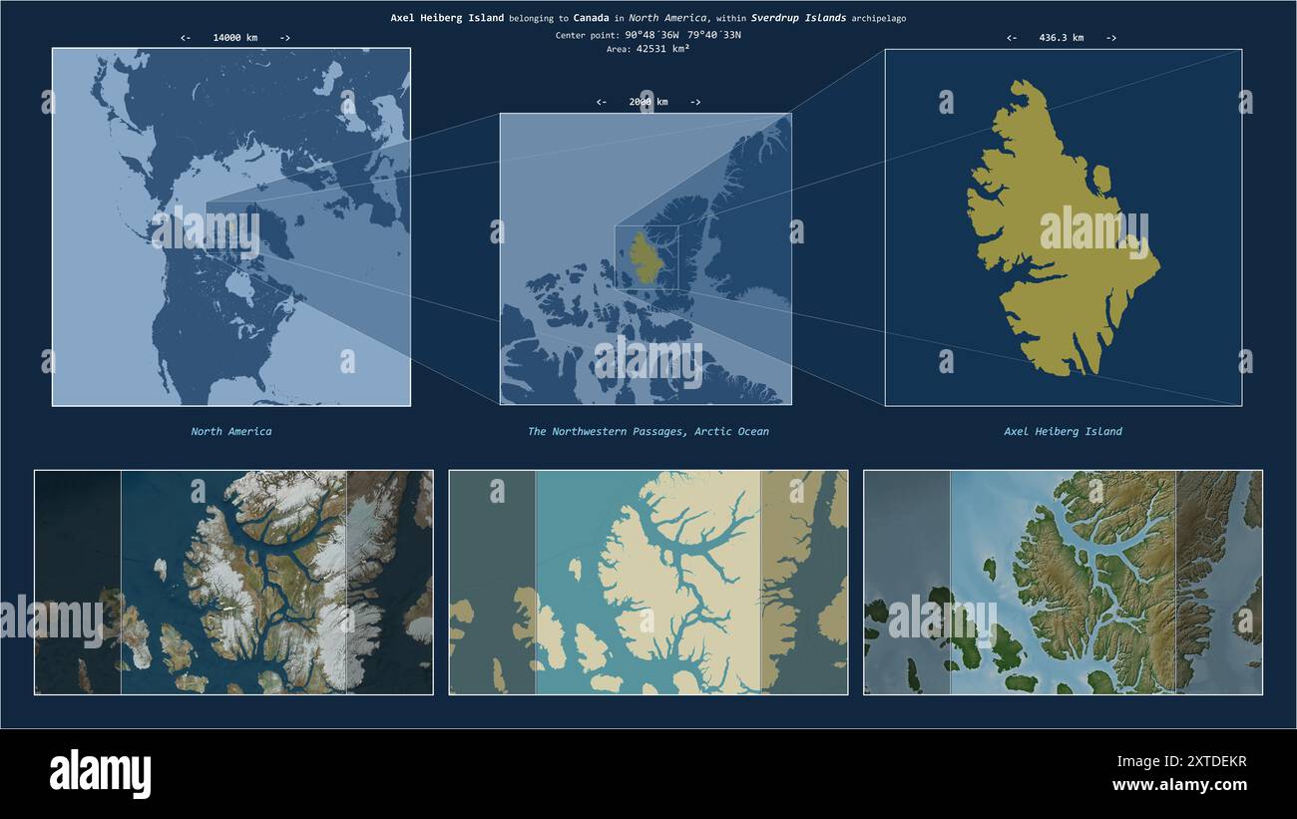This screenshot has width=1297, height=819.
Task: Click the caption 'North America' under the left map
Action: coord(231,432)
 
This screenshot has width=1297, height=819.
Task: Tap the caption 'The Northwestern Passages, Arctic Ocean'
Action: coord(648,432)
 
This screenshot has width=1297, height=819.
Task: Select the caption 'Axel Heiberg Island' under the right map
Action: coord(1063,432)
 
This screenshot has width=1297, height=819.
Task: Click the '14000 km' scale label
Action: coord(234,38)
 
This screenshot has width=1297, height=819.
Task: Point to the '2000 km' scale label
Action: coord(648,102)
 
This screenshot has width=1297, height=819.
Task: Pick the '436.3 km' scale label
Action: coord(1061,38)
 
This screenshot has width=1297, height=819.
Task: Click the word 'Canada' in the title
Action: coord(591,18)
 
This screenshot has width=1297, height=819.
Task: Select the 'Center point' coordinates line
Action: coord(648,35)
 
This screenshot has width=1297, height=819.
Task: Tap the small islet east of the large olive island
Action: coord(1101,179)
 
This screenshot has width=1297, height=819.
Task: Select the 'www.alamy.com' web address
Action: coord(1179,785)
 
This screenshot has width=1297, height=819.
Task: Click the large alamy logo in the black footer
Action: coord(100,774)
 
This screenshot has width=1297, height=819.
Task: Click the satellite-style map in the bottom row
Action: coord(233,583)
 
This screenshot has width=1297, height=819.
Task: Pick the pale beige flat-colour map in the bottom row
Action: coord(648,583)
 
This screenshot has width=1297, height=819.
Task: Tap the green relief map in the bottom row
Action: coord(1063,583)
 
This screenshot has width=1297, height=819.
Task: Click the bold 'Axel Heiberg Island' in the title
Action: coord(447,18)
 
